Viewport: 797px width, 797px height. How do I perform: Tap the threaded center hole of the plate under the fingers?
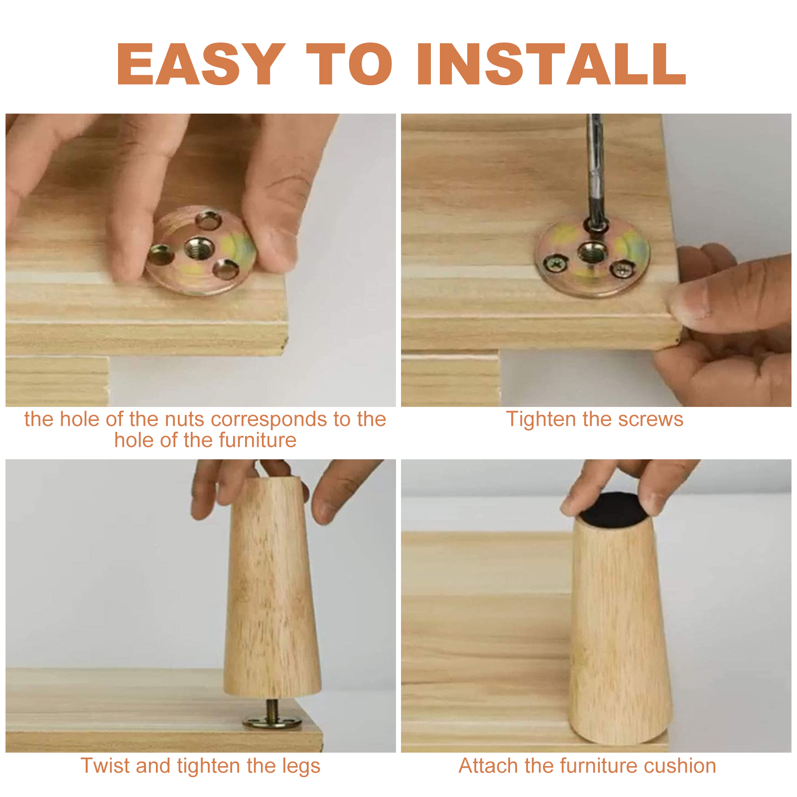tap(199, 248)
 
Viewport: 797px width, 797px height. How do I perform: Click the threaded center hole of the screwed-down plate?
tap(591, 252)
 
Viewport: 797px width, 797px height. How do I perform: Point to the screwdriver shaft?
tap(595, 169)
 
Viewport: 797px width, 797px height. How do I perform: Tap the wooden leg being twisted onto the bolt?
tap(272, 588)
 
